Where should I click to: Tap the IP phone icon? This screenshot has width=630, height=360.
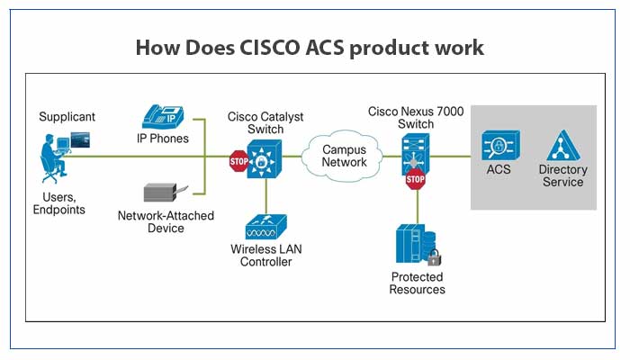click(162, 117)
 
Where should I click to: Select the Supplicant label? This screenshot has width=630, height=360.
click(67, 117)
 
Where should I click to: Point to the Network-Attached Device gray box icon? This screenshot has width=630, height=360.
click(163, 193)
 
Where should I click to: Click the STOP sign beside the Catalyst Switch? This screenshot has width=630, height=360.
click(238, 163)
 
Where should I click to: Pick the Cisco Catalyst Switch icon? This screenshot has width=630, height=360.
click(265, 160)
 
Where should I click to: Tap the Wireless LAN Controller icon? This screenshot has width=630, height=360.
click(265, 226)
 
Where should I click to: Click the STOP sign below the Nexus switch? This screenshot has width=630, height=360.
click(415, 181)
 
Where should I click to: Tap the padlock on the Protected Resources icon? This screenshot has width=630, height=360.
click(433, 258)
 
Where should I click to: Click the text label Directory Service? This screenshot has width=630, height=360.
click(562, 175)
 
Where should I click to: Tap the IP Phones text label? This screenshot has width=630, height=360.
click(162, 139)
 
